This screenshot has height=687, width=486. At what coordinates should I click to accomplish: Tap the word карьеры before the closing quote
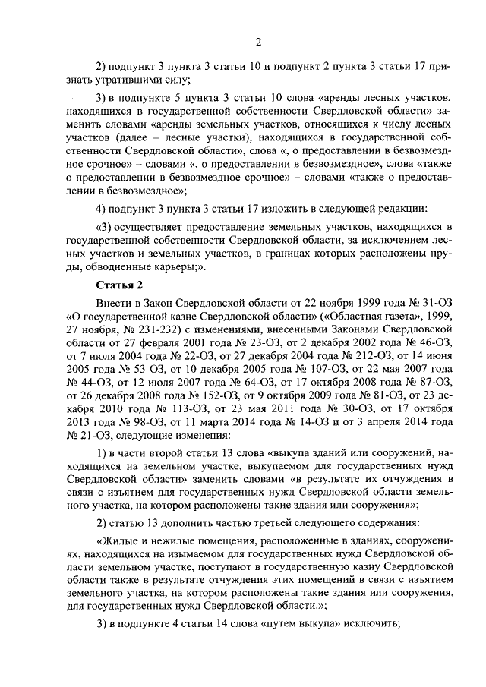click(172, 268)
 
